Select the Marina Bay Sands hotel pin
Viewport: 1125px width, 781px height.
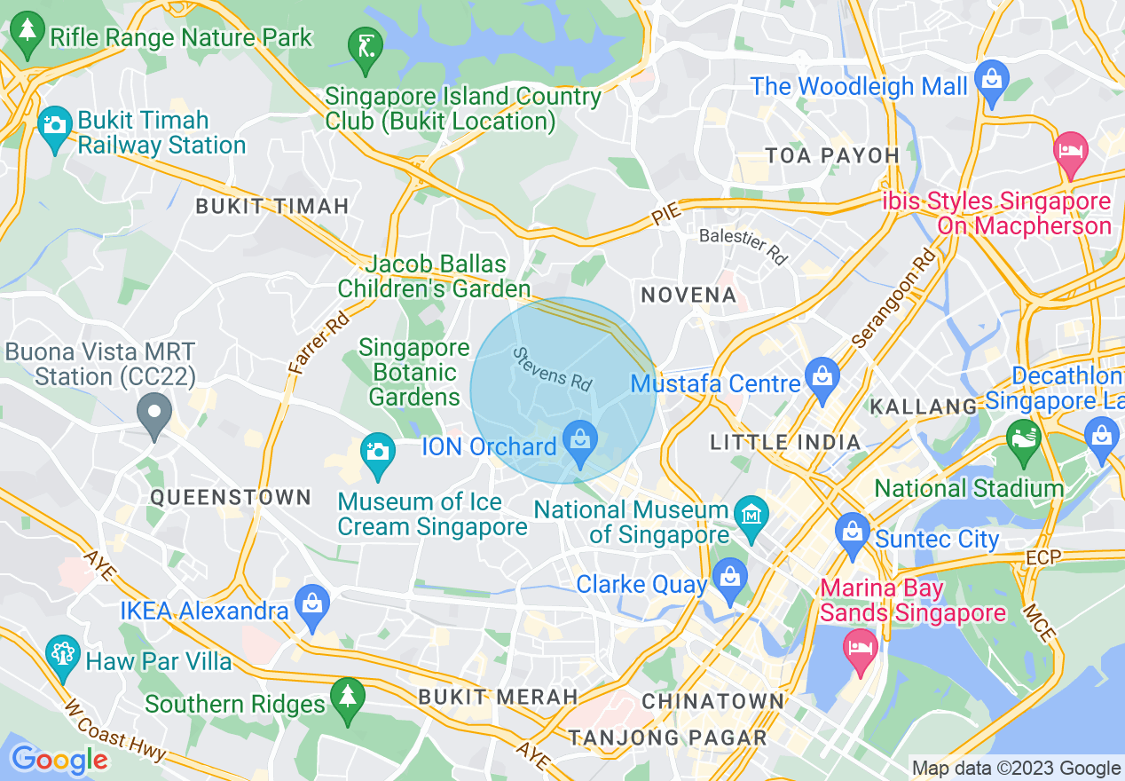click(x=861, y=645)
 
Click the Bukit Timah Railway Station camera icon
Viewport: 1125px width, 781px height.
click(x=55, y=127)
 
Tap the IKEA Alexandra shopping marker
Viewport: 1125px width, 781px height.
click(x=312, y=605)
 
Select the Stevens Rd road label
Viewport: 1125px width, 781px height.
click(x=552, y=369)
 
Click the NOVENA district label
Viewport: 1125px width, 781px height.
click(x=688, y=295)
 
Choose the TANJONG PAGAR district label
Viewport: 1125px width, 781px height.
click(x=667, y=738)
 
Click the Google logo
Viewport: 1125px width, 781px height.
click(x=59, y=761)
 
